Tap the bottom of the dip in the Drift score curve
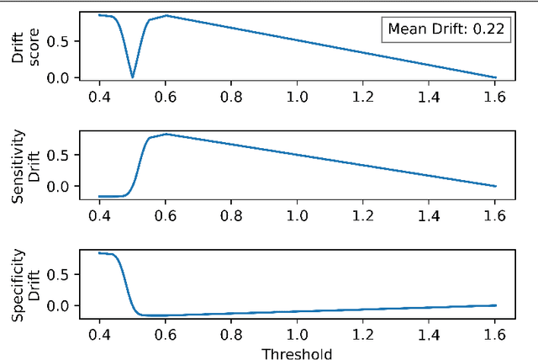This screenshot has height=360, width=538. click(132, 77)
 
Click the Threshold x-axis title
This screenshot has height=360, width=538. click(297, 352)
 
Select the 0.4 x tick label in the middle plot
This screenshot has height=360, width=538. click(98, 216)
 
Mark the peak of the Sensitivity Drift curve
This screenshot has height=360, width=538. click(166, 134)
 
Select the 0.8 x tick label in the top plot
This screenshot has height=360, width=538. click(231, 97)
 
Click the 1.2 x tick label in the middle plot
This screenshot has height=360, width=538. click(363, 216)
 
